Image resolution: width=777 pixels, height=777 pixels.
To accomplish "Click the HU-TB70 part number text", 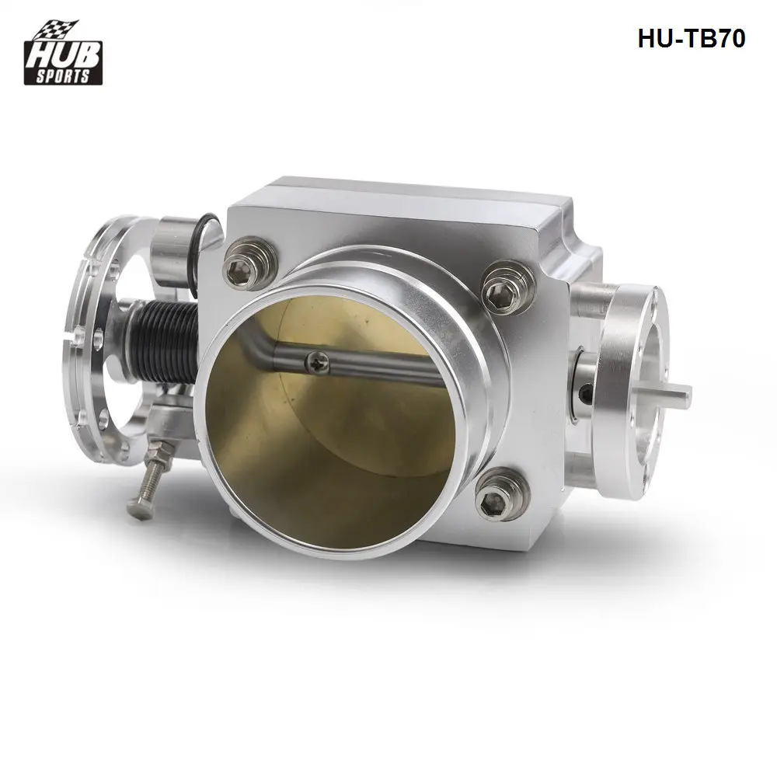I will [691, 39].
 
